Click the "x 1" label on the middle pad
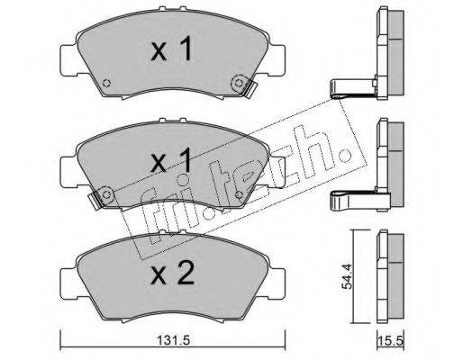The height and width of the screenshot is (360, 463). point(172,160)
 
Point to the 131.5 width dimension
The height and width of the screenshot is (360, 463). point(174,340)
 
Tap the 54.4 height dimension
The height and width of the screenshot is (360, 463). point(347,276)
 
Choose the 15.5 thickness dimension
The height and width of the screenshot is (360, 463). point(391,341)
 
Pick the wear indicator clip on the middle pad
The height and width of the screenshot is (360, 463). point(96,199)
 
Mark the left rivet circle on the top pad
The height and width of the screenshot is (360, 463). point(106,83)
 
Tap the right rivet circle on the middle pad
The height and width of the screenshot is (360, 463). point(239,195)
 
